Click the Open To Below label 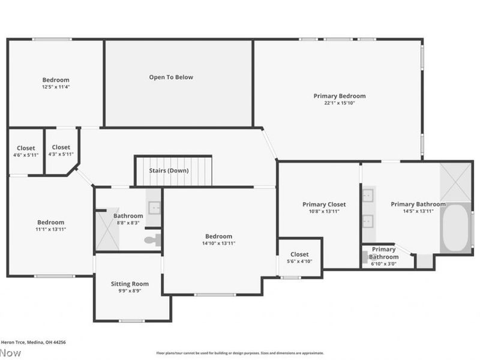(x=171, y=77)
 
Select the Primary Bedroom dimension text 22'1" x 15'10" (x=339, y=103)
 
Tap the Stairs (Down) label (x=169, y=170)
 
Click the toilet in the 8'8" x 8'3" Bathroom (x=153, y=240)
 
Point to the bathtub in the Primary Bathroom (x=456, y=229)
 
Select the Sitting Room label (x=130, y=284)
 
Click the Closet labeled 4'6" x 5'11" (x=26, y=155)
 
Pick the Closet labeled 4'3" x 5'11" (x=61, y=155)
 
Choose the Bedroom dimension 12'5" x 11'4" (x=55, y=87)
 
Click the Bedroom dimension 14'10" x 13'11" (x=218, y=243)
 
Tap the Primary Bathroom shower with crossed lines (x=455, y=182)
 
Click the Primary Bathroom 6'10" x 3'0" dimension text (x=384, y=263)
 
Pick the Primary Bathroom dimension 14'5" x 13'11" (x=418, y=211)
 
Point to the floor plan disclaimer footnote (x=240, y=353)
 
